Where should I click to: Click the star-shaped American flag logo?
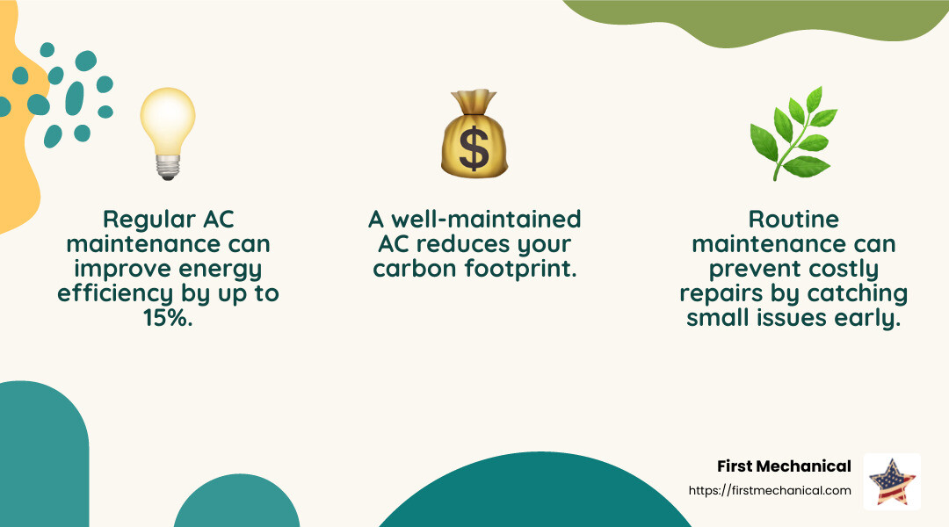click(892, 481)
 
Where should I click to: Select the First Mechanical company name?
click(784, 466)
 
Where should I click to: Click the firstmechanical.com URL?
click(771, 490)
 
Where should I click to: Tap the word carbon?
click(414, 269)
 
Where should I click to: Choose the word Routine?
click(794, 219)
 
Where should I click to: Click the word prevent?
click(743, 269)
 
